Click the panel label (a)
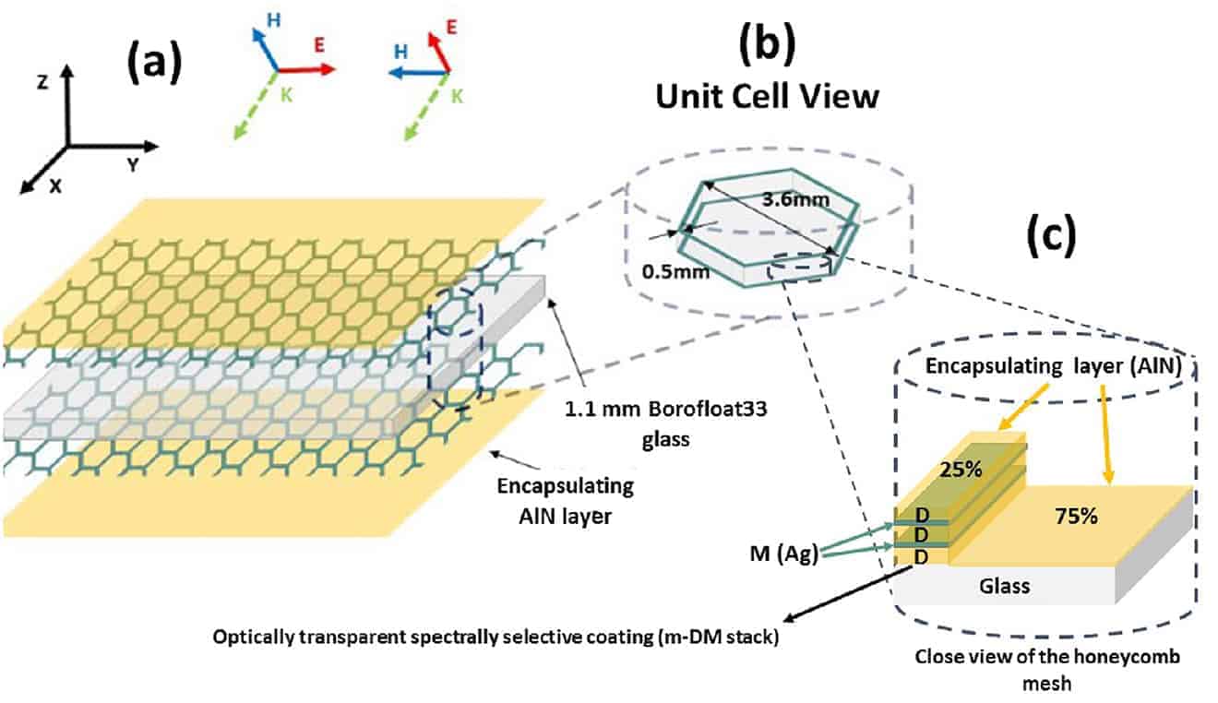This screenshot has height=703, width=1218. pos(152,66)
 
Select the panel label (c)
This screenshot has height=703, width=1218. pos(1051,237)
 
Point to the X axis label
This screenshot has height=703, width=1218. pos(55,185)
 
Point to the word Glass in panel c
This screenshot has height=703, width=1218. pos(1003,585)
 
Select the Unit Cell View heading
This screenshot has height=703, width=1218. pos(767,96)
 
